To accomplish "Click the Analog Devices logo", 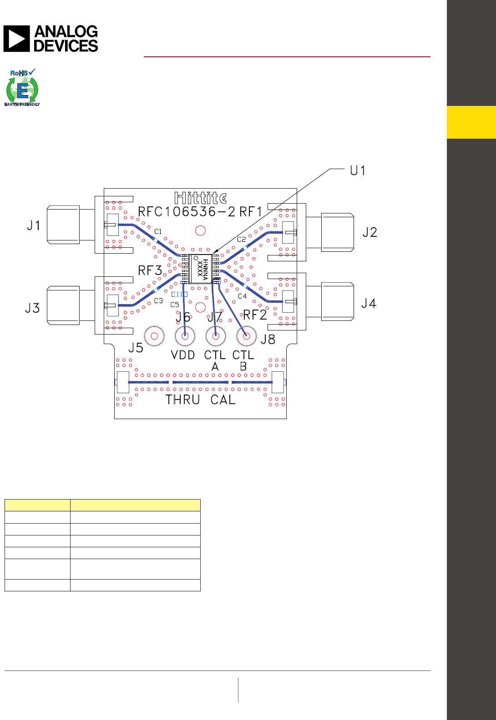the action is coord(51,39).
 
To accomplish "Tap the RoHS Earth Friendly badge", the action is coord(22,87).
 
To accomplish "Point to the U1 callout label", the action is coord(357,170).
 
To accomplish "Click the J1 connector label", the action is coord(34,225).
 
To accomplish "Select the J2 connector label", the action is coord(370,232).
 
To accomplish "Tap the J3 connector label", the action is coord(32,308).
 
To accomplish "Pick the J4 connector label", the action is coord(369,303).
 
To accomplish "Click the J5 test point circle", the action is coord(154,336).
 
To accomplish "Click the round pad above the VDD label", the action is coord(185,336).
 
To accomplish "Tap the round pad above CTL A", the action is coord(216,336).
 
